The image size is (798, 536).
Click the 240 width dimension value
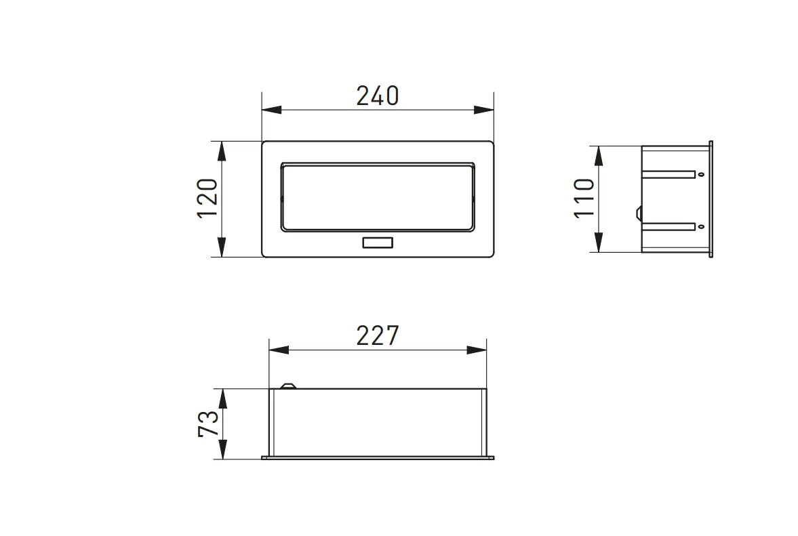pyautogui.click(x=378, y=96)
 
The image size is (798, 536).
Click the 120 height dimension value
pyautogui.click(x=207, y=198)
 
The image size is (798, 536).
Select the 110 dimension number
pyautogui.click(x=584, y=198)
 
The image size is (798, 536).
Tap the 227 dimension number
pyautogui.click(x=378, y=336)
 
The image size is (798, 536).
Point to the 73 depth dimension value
pyautogui.click(x=209, y=424)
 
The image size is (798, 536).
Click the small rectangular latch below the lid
pyautogui.click(x=377, y=243)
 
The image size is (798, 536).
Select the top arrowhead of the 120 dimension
pyautogui.click(x=222, y=150)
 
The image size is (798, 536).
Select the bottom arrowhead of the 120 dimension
pyautogui.click(x=222, y=248)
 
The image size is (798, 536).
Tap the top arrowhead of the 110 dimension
pyautogui.click(x=598, y=155)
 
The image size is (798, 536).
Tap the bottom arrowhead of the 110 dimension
pyautogui.click(x=598, y=243)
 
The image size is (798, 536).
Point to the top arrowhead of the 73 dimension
pyautogui.click(x=222, y=398)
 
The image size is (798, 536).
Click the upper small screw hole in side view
pyautogui.click(x=700, y=174)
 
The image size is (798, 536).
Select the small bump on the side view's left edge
pyautogui.click(x=639, y=213)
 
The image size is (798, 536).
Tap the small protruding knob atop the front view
pyautogui.click(x=287, y=387)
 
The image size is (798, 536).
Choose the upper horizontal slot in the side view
pyautogui.click(x=669, y=175)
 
